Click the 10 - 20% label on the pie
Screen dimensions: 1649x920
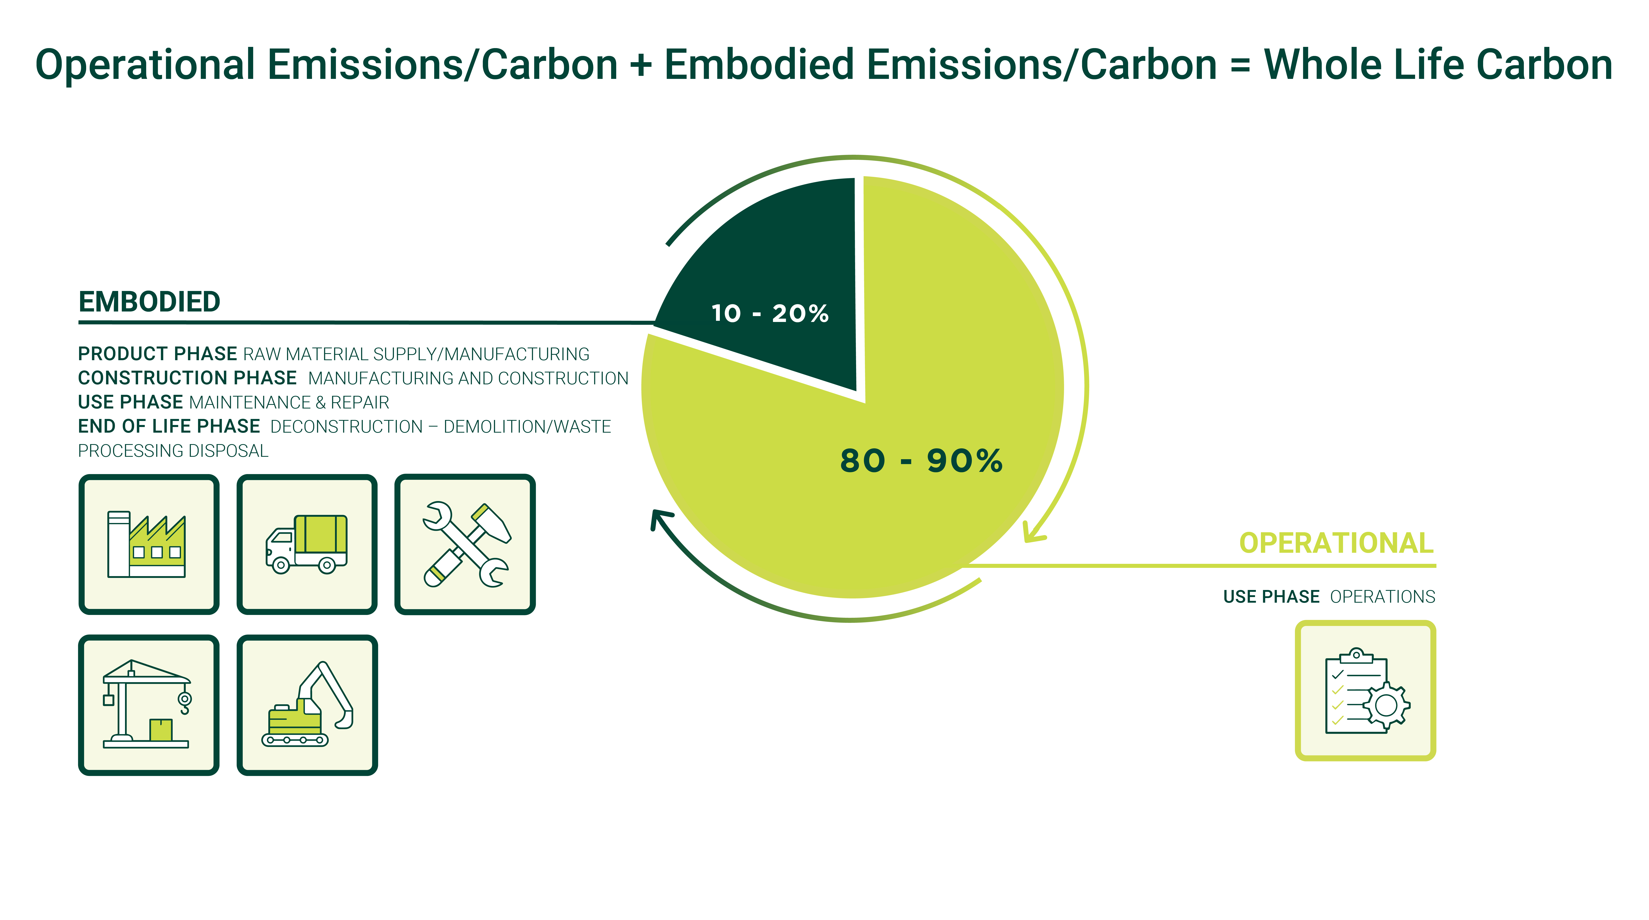770,314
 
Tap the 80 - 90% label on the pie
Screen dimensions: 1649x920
921,461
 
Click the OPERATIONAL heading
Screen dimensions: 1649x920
1337,543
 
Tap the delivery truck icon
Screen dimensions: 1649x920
307,545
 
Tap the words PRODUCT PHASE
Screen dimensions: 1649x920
157,354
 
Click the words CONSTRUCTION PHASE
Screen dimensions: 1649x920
188,378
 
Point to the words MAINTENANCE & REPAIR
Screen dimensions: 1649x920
289,402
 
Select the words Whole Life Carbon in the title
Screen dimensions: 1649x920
1438,65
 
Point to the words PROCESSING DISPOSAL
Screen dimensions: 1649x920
173,451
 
